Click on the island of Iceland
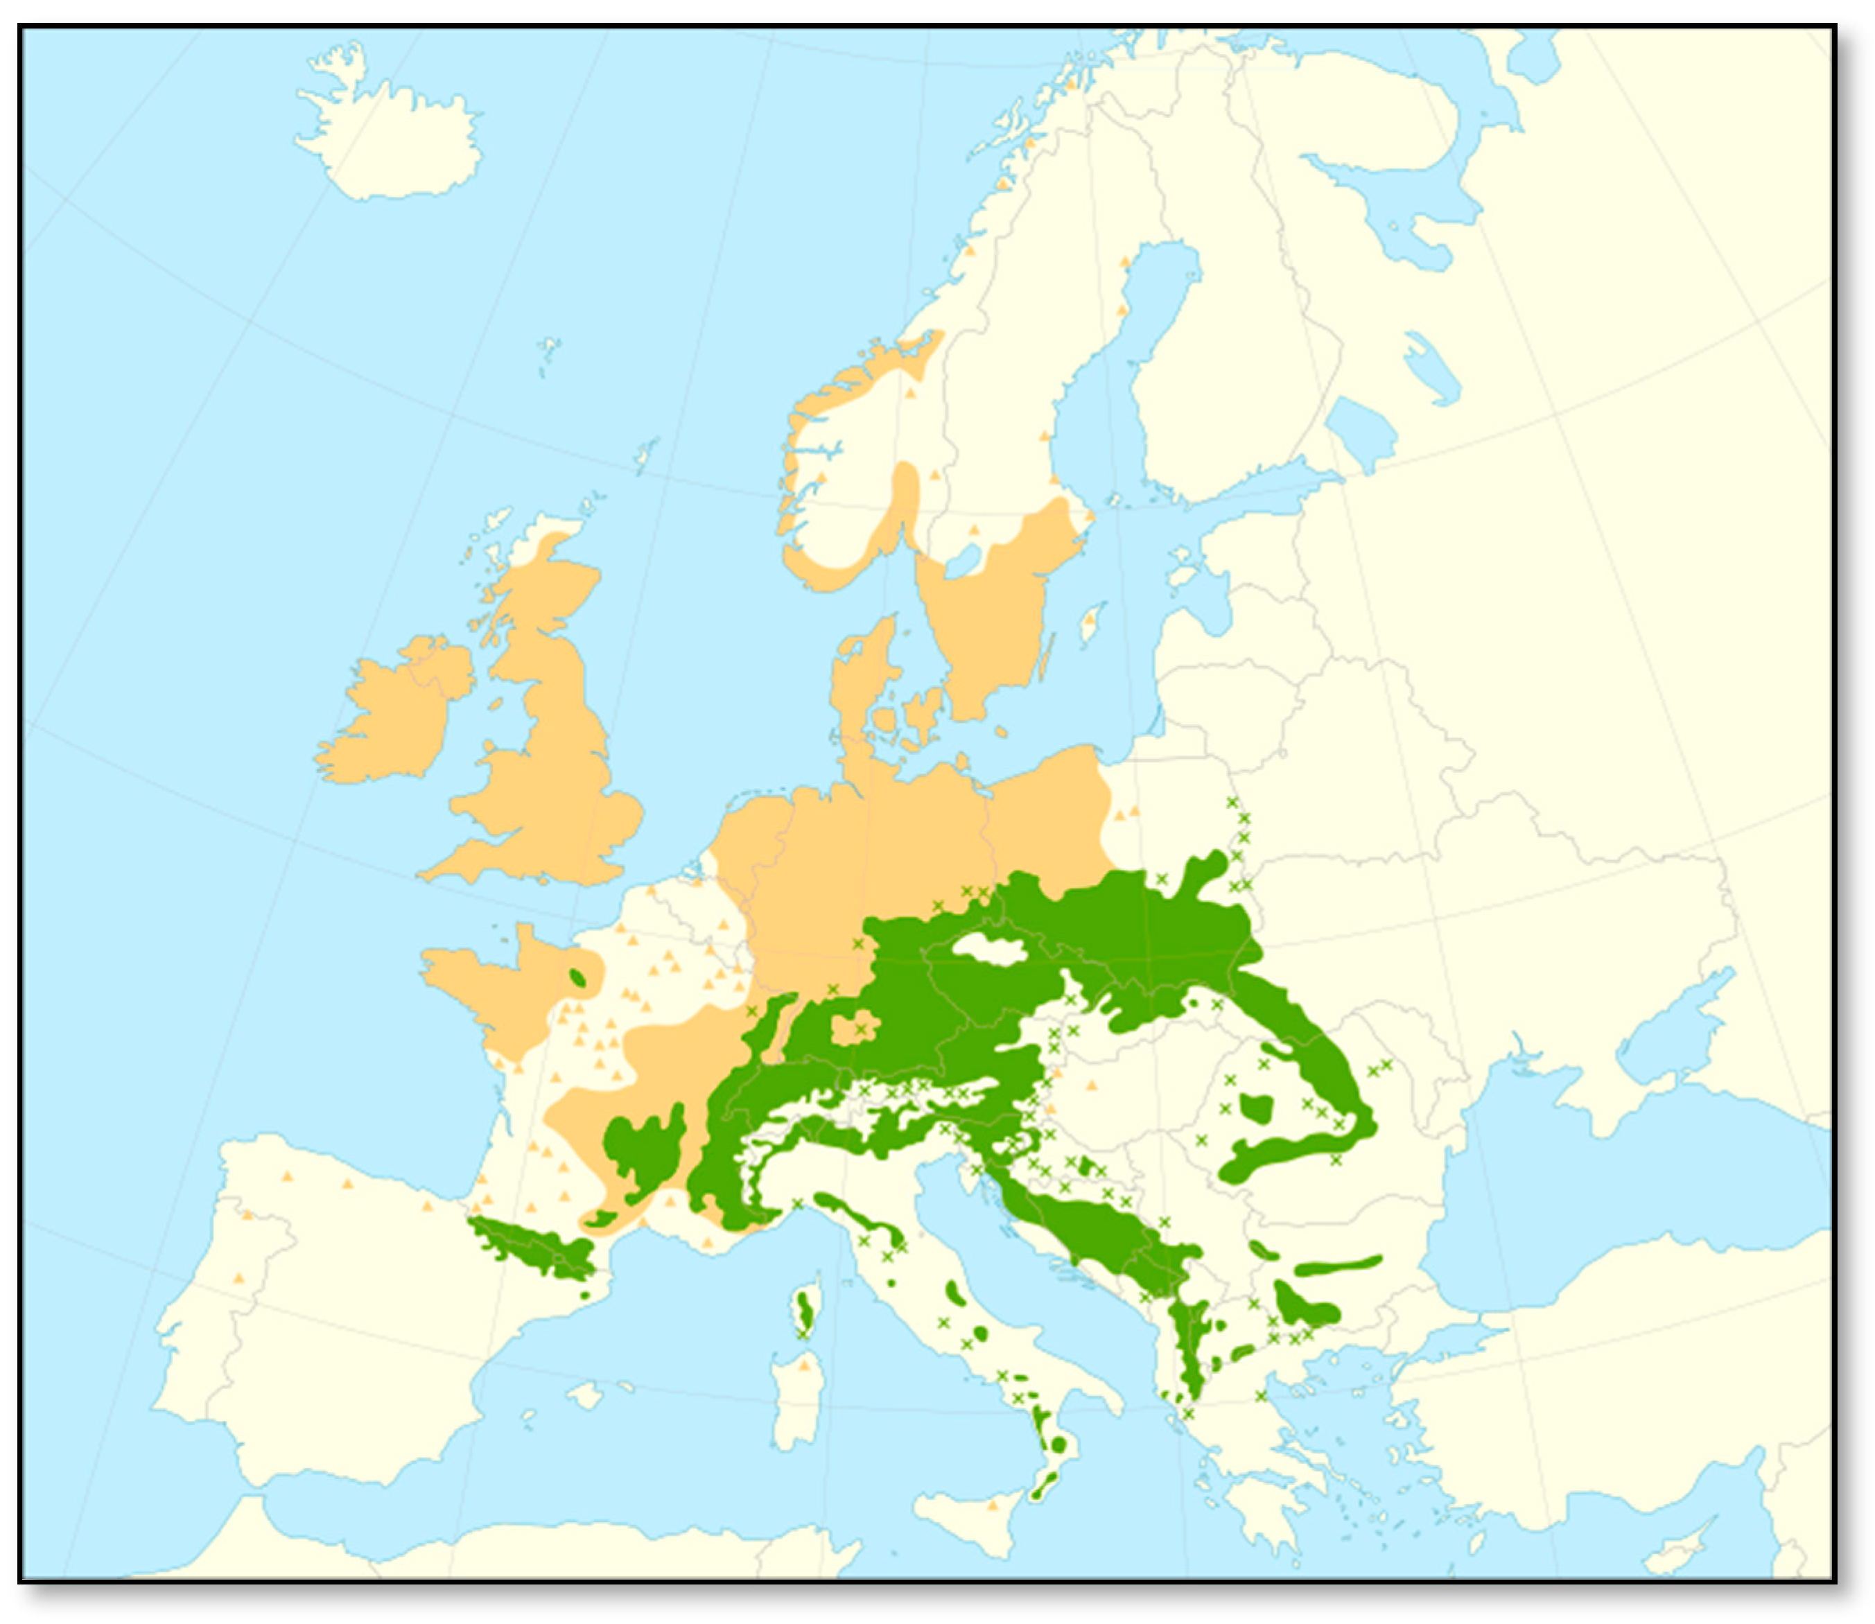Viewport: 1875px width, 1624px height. click(x=390, y=136)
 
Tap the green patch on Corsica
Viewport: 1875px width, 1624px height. click(x=804, y=1309)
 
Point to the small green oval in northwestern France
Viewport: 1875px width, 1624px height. click(x=577, y=977)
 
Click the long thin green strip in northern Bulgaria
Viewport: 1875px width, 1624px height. click(x=1336, y=1265)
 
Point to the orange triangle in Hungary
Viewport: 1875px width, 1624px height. click(x=1091, y=1084)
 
